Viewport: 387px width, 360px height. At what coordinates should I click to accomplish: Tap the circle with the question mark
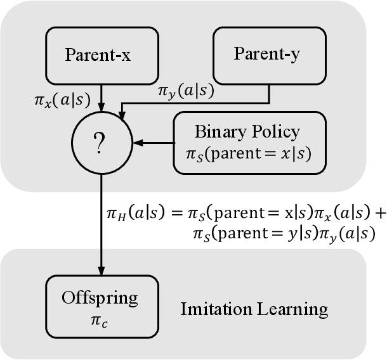(x=102, y=145)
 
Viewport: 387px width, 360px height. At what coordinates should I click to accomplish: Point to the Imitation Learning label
(x=254, y=309)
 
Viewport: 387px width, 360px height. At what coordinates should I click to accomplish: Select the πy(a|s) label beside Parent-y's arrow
(x=185, y=91)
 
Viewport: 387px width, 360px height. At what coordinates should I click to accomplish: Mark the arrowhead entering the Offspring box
(x=102, y=270)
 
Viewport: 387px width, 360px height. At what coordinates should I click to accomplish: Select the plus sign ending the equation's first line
(x=380, y=214)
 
